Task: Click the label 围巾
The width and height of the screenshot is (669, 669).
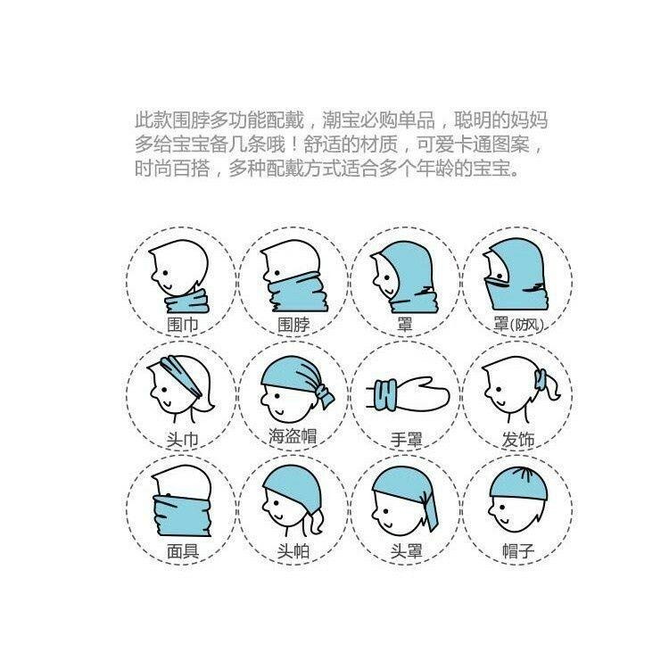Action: click(181, 326)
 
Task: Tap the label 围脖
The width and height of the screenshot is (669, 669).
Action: click(294, 326)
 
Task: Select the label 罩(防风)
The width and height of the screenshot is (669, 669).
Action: click(517, 325)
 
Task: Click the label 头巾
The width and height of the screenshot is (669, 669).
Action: click(181, 438)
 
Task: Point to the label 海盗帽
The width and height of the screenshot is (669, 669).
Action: click(293, 437)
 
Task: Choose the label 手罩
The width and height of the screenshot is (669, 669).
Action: click(406, 439)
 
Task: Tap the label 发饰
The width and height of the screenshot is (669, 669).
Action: click(518, 439)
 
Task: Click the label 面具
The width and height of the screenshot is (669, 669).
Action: click(181, 550)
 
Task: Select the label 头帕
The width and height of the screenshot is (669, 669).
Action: click(293, 551)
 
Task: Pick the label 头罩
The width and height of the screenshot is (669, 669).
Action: click(406, 551)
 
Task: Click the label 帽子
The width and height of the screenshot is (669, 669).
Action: click(518, 551)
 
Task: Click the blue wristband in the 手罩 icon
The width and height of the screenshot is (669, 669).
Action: click(386, 393)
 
